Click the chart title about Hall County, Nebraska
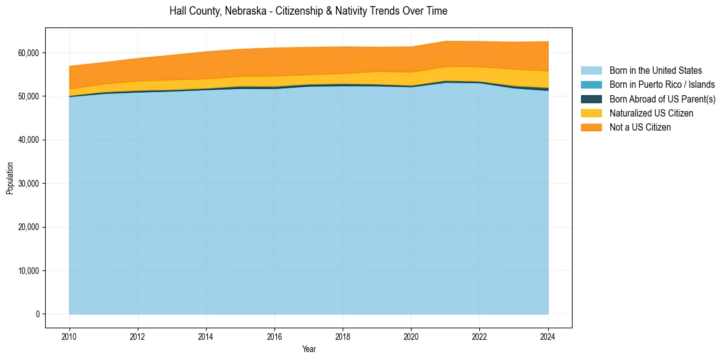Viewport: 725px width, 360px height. (x=308, y=11)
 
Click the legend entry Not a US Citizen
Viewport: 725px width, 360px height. (x=640, y=128)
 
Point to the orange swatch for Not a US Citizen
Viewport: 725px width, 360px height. (x=591, y=128)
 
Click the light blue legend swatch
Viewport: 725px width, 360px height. (x=591, y=71)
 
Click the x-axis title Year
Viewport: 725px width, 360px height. (x=309, y=349)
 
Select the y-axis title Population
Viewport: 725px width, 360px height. (x=10, y=178)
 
